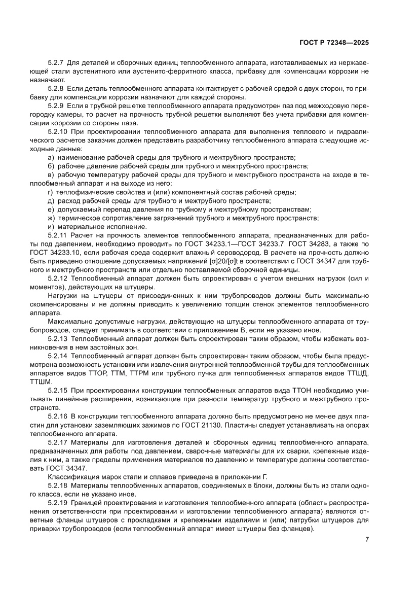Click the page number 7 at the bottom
coord(366,539)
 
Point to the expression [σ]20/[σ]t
coord(231,261)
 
